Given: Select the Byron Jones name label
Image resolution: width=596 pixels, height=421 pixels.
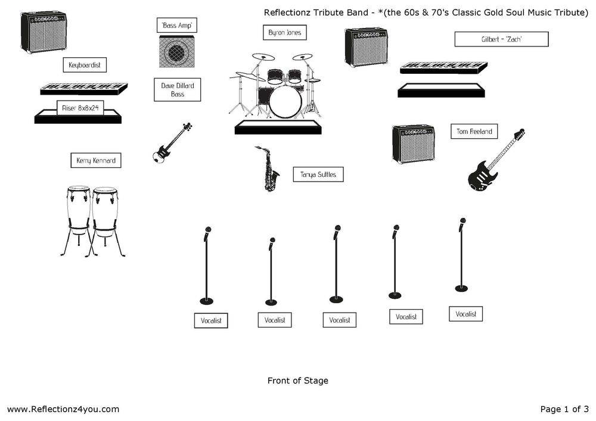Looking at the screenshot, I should click(284, 33).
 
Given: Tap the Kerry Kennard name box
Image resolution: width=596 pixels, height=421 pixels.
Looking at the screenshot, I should click(96, 161).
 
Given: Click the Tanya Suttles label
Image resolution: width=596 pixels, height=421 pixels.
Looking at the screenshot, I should click(318, 174).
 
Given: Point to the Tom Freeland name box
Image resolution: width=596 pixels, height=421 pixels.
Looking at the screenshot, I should click(474, 132).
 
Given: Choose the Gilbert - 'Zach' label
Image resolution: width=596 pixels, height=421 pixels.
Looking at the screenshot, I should click(501, 39).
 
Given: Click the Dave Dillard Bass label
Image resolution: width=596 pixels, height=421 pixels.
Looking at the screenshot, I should click(178, 90).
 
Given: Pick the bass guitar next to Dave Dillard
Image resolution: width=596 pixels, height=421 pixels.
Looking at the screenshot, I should click(171, 144).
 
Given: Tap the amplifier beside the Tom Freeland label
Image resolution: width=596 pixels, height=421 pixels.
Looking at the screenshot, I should click(413, 144).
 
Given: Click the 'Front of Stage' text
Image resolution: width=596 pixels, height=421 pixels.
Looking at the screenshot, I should click(298, 381).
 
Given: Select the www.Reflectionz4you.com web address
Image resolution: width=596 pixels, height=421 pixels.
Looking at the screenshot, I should click(63, 409).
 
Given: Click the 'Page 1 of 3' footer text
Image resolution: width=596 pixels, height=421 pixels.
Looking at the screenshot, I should click(564, 409).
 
